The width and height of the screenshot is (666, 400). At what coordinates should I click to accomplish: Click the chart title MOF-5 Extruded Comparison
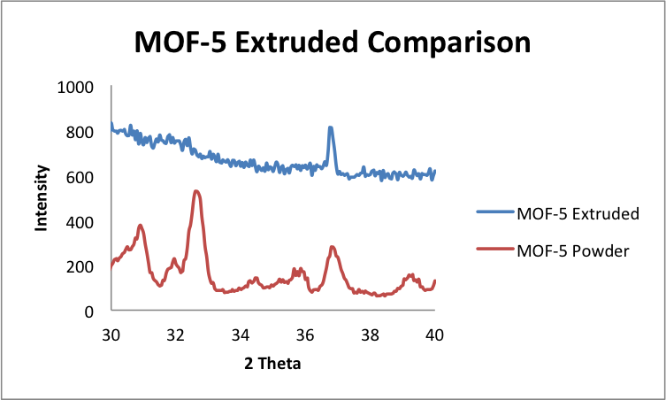[333, 42]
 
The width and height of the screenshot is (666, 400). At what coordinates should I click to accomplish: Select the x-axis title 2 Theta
[273, 363]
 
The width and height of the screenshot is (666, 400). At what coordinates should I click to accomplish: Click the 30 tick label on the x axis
[111, 335]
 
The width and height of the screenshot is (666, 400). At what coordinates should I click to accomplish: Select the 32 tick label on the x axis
[176, 335]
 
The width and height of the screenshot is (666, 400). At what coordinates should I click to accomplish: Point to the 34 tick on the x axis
[241, 335]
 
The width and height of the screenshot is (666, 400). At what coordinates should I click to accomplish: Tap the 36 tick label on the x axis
[305, 335]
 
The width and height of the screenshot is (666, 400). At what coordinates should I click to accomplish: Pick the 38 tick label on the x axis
[370, 335]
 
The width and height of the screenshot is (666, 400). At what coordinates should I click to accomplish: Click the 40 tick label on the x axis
[434, 335]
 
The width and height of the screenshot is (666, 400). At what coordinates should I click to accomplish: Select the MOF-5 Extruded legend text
[577, 213]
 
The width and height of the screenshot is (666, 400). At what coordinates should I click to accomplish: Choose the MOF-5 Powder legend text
[572, 250]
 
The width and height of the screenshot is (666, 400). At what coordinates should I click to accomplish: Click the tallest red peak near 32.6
[196, 191]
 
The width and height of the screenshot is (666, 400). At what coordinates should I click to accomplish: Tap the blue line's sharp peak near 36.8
[330, 127]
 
